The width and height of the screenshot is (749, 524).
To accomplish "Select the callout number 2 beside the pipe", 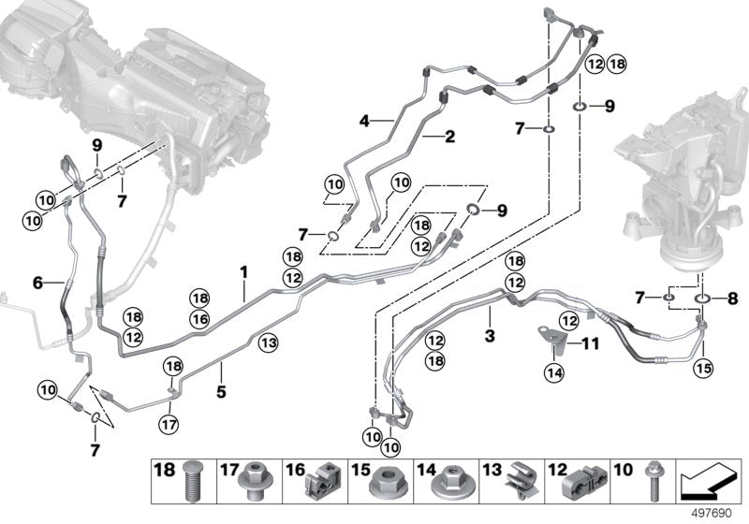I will tap(448, 137).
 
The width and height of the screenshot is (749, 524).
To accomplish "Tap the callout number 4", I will tap(362, 120).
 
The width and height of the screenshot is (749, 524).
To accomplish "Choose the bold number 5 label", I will tap(221, 392).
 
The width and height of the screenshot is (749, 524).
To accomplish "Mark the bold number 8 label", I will tap(731, 299).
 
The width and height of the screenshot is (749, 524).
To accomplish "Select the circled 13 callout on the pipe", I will tap(268, 343).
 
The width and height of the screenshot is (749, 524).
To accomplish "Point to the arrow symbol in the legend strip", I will tap(703, 482).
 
